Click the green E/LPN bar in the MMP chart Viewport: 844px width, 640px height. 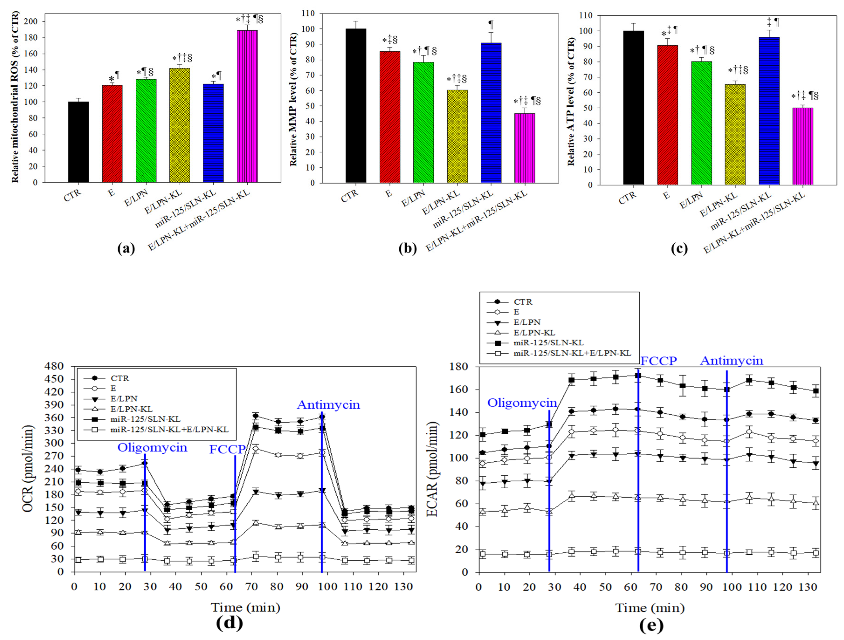(x=423, y=122)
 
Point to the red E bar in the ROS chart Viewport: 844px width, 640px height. (x=112, y=133)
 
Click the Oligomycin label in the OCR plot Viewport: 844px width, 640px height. (x=152, y=447)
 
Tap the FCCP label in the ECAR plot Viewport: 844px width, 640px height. (x=659, y=361)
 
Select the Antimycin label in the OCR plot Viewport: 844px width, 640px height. (x=328, y=405)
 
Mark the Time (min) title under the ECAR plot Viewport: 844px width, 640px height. (x=650, y=608)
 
